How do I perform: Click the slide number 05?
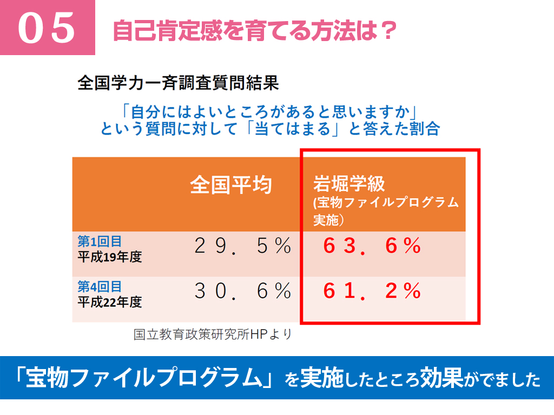47,28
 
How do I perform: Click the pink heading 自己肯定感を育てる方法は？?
254,30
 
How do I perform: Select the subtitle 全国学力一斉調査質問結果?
178,84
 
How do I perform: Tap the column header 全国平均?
230,185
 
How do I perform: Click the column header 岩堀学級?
349,184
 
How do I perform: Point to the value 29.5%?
242,246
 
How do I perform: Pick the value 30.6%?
242,292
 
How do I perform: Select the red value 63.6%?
372,246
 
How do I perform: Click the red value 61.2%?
372,292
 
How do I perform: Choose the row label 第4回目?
100,286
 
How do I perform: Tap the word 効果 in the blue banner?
443,378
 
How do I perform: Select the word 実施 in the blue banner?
322,378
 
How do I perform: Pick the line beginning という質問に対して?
269,129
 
